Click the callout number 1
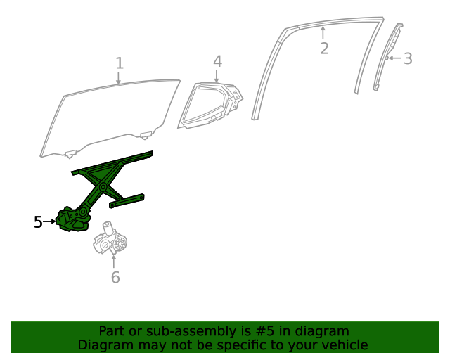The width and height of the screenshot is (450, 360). click(120, 63)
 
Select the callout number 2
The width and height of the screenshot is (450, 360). click(324, 49)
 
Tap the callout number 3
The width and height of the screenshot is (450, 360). click(408, 58)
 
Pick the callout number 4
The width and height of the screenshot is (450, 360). click(217, 61)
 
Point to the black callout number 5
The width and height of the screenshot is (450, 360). click(38, 222)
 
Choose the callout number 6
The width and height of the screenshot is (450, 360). click(115, 277)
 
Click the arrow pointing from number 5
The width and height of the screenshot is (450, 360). click(51, 222)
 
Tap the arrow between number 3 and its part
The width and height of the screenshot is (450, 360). click(393, 58)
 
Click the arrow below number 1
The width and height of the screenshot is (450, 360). click(119, 77)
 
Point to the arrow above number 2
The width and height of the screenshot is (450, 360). click(323, 32)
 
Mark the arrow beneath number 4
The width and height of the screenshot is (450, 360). click(217, 76)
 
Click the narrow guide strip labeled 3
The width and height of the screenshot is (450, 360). click(385, 60)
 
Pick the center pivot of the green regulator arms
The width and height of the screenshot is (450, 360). click(103, 187)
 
